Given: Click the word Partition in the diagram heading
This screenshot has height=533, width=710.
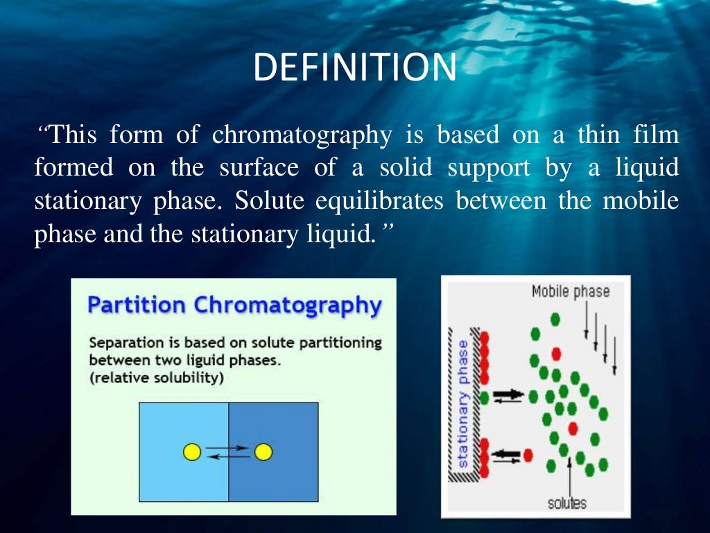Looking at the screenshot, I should point(136,305).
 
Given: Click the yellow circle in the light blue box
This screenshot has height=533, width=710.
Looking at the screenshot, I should point(192,452).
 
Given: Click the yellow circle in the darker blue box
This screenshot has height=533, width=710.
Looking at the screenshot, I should point(263,452).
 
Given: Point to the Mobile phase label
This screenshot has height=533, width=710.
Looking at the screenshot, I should point(570,291).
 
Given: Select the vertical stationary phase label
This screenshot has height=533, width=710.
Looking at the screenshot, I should point(464,403).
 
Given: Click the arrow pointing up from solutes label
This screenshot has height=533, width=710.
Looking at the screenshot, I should point(569,475).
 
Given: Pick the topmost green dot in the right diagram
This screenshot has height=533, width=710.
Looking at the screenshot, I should point(554,319).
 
